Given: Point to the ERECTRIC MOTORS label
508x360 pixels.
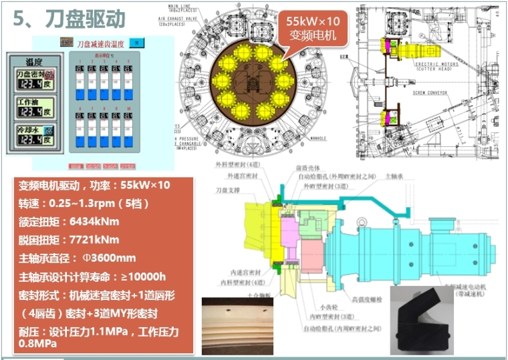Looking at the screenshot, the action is point(435,61).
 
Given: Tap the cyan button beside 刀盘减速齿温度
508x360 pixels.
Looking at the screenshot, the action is point(136,43).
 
